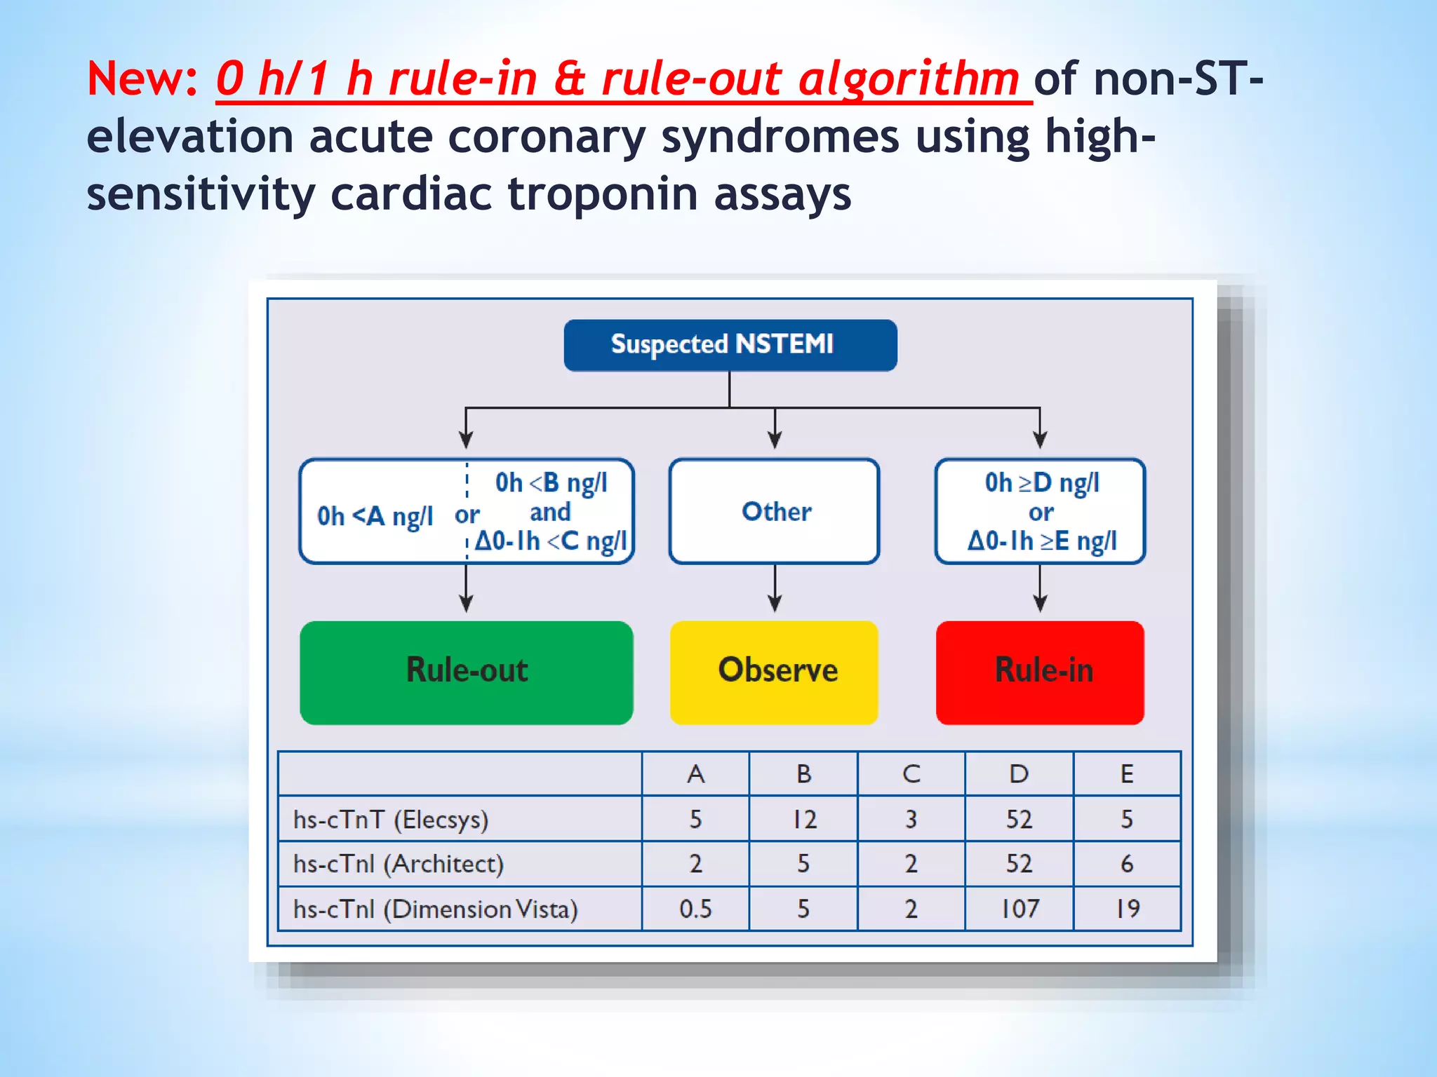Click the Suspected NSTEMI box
point(730,345)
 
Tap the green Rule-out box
point(467,672)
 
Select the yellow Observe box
point(775,672)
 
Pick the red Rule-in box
point(1040,672)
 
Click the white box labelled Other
point(775,511)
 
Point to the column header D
point(1019,774)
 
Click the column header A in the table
point(695,774)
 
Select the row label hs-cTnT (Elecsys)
point(391,819)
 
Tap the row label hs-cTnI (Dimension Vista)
point(435,909)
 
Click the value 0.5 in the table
point(695,909)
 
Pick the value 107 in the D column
point(1020,909)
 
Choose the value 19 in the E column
point(1128,909)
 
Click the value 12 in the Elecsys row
point(804,819)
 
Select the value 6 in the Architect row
point(1127,864)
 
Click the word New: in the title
point(143,79)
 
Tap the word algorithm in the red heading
point(909,79)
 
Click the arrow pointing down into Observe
point(775,589)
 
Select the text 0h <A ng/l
point(375,516)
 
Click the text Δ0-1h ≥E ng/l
point(1042,541)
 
